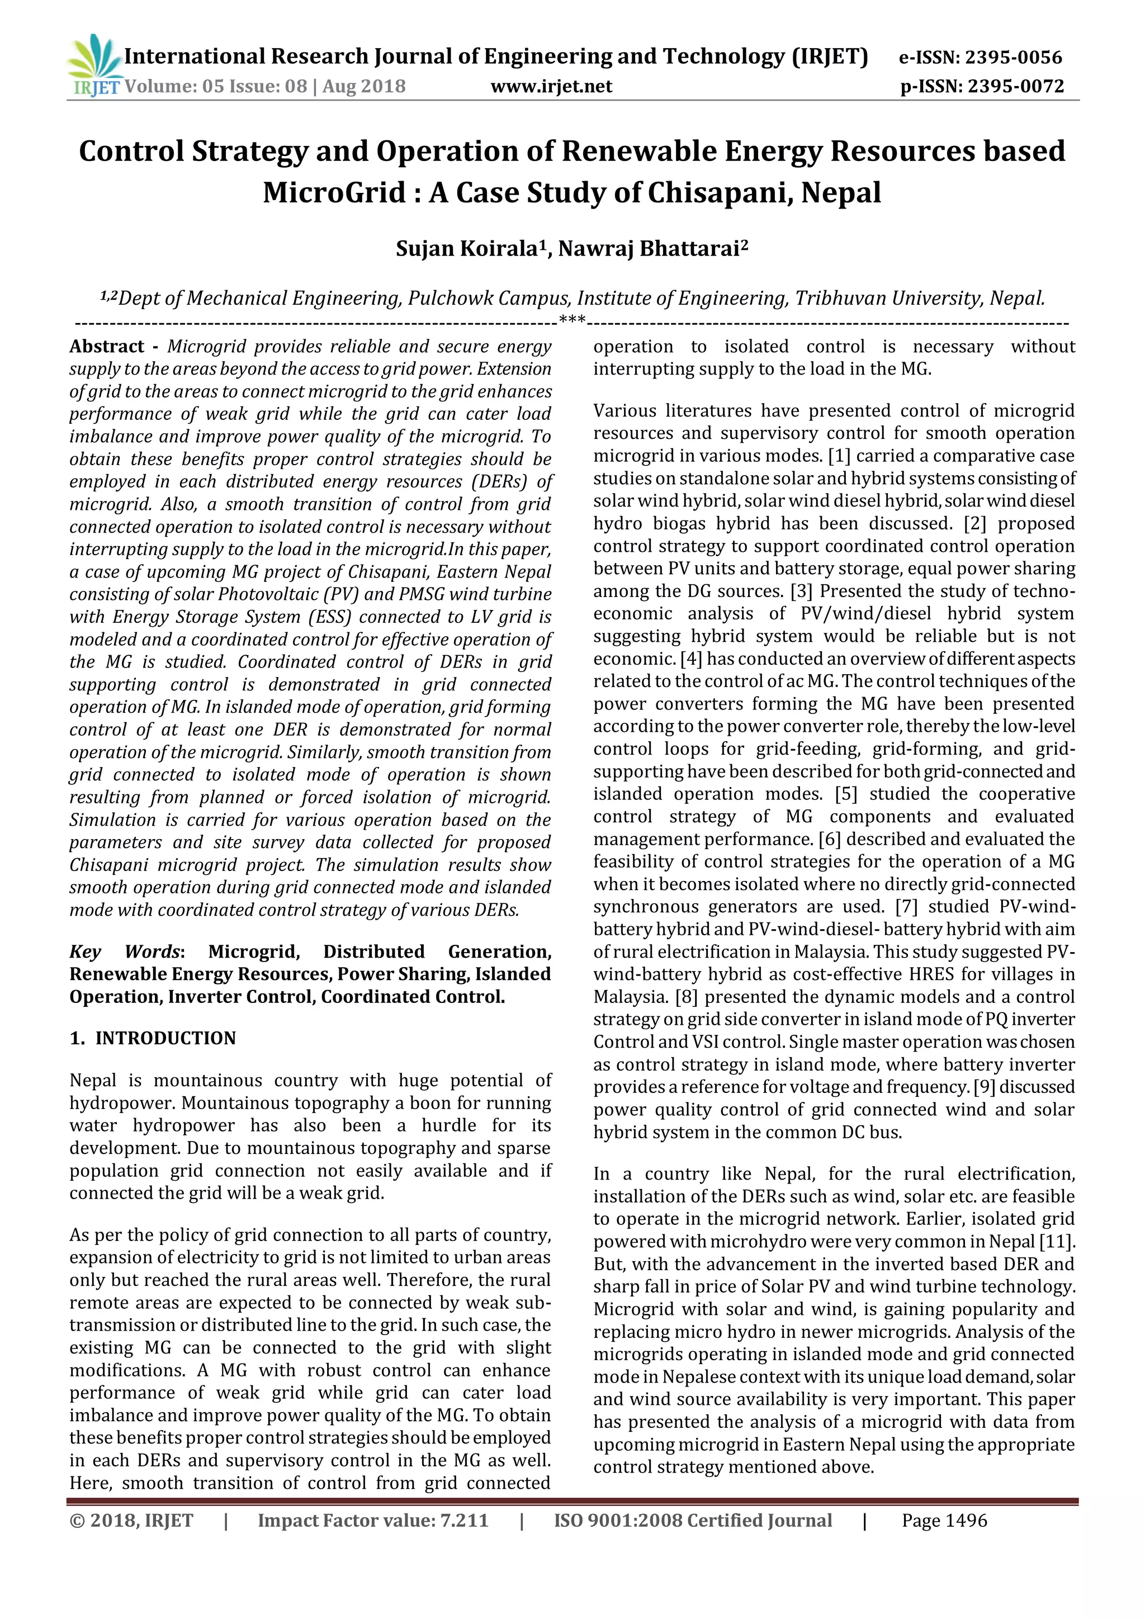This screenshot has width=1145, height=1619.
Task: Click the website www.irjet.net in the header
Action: pyautogui.click(x=551, y=87)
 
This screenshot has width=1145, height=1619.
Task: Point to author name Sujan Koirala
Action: pyautogui.click(x=467, y=249)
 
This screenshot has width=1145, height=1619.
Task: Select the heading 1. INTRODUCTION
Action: pyautogui.click(x=153, y=1038)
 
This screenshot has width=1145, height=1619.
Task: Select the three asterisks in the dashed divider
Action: pyautogui.click(x=572, y=321)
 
